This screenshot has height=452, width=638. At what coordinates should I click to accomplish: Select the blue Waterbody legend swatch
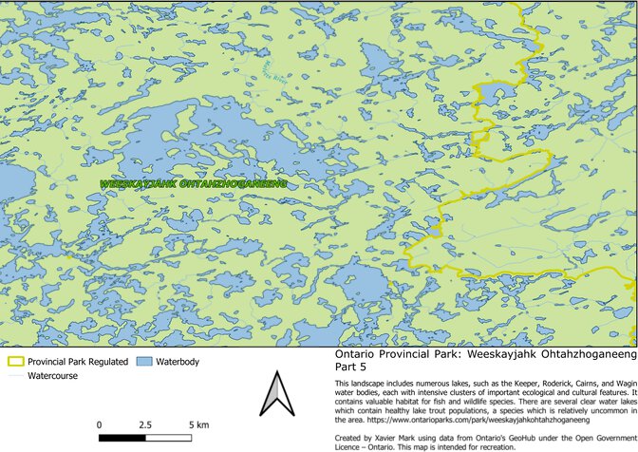[144, 362]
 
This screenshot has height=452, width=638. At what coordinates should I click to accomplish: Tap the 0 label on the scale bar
[100, 424]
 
